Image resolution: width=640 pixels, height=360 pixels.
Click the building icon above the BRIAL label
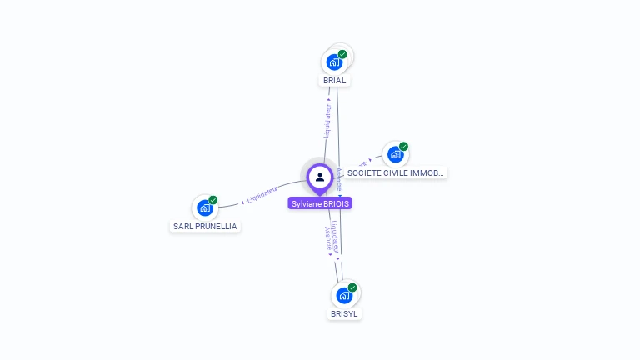334,62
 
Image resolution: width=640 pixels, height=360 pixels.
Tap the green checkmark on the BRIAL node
342,54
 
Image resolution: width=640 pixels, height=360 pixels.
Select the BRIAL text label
334,81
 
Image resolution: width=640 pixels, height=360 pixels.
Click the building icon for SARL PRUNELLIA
205,208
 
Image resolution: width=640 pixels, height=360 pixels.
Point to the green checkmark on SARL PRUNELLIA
213,200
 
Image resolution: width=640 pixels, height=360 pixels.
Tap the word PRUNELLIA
216,226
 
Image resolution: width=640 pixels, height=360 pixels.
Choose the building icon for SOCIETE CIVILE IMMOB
396,154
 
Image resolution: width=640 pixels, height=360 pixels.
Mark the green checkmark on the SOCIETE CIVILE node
404,147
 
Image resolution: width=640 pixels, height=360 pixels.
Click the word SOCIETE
364,172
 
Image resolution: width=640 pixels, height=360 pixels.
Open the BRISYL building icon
344,295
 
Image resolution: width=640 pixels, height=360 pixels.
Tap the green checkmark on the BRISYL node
352,287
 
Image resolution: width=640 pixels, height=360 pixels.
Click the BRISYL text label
344,314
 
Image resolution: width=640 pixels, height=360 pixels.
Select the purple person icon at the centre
320,177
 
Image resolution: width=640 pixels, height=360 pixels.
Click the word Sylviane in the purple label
306,203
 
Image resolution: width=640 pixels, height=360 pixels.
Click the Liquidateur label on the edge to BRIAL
327,120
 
